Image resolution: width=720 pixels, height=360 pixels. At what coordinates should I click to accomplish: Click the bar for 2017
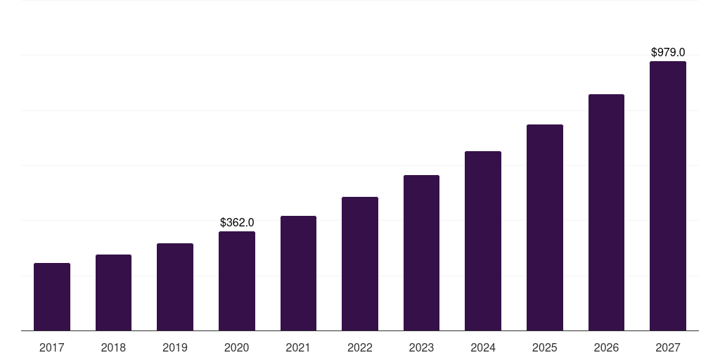52,297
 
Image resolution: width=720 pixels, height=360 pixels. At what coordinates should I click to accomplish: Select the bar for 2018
113,292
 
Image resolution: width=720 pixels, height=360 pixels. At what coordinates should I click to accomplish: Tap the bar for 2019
175,287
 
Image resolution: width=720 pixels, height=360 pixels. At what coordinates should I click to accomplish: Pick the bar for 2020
237,281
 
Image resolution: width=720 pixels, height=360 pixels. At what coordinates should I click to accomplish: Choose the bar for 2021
298,274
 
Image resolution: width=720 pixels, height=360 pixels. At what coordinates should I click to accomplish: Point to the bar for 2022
360,264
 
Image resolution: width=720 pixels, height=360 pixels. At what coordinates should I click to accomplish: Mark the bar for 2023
421,253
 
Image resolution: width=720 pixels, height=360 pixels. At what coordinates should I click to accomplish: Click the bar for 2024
483,241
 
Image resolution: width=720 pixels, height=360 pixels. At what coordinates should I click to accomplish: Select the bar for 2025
545,228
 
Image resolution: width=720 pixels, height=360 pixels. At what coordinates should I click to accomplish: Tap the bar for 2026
606,212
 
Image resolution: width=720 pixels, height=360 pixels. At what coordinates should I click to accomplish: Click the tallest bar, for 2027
668,196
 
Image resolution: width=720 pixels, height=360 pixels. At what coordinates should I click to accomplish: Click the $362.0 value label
237,222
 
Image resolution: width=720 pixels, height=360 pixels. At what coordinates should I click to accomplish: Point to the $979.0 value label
668,52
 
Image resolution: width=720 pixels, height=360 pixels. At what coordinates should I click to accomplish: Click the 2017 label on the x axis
52,347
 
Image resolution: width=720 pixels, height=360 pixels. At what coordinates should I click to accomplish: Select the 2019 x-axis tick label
175,347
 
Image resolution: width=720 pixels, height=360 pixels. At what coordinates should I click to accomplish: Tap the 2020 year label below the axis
237,347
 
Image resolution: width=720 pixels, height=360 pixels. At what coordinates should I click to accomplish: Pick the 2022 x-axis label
360,347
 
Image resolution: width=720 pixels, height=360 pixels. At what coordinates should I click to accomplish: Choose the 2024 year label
483,347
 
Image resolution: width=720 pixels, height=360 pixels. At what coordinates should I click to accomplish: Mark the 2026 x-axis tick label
606,347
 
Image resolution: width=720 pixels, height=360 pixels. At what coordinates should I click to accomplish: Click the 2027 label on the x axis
668,347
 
